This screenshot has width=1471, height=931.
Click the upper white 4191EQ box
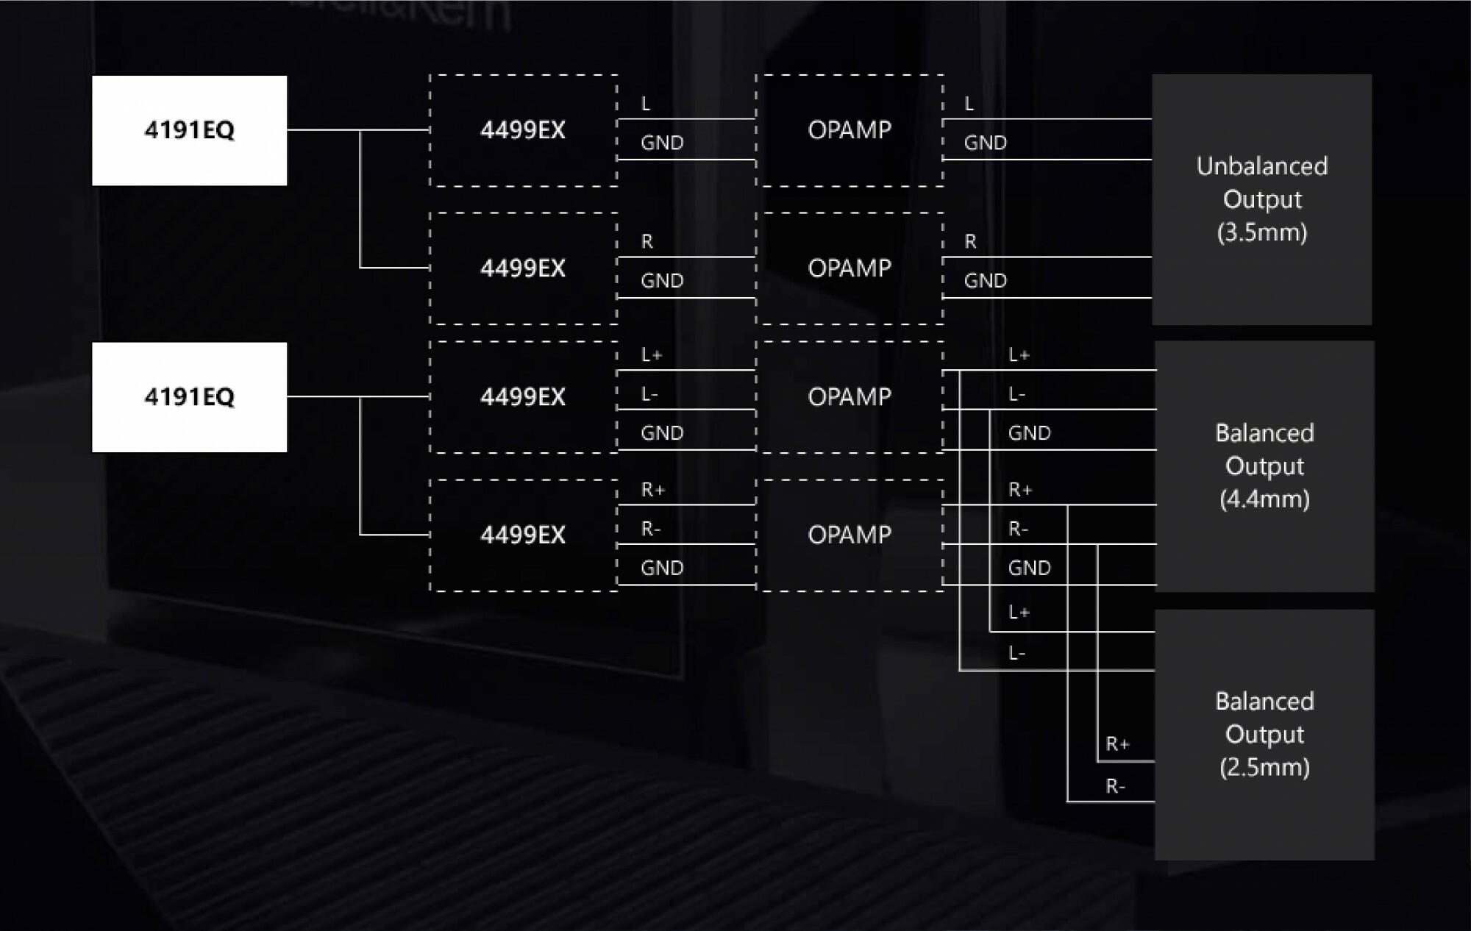coord(189,130)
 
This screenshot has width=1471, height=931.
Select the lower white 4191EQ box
coord(189,397)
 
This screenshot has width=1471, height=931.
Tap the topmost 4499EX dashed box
coord(523,130)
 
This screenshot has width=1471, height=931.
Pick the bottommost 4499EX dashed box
coord(523,535)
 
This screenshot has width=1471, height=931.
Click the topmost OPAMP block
coord(850,130)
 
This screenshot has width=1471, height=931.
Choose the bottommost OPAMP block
coord(850,535)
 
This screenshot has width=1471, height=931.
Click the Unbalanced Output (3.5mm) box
coord(1261,199)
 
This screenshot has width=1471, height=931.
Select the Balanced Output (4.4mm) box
coord(1264,466)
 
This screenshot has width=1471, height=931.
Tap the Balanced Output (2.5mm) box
coord(1264,734)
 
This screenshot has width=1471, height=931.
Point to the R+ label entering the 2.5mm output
coord(1117,744)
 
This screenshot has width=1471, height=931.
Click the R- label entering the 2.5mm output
coord(1115,787)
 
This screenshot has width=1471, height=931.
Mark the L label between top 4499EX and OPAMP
coord(646,104)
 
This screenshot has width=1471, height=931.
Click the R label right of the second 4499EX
coord(647,242)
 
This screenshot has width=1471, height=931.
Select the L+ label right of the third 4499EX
coord(652,355)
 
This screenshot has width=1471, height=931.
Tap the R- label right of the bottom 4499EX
coord(651,529)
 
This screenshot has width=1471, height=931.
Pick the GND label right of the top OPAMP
coord(985,143)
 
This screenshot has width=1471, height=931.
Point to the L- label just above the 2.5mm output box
coord(1017,653)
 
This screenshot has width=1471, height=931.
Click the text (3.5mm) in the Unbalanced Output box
coord(1261,232)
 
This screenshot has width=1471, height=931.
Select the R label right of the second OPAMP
coord(970,242)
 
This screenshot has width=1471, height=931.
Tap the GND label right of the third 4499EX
coord(662,433)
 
